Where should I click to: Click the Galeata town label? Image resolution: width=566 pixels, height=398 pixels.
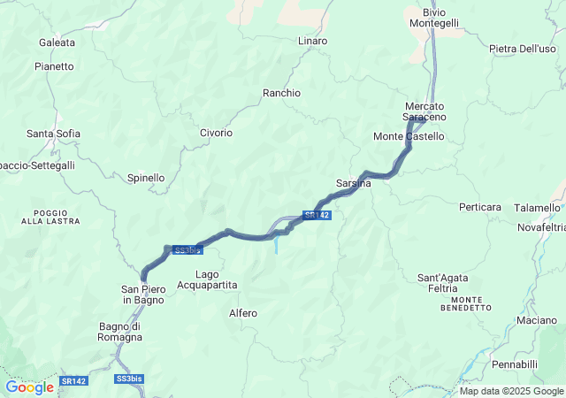pos(57,42)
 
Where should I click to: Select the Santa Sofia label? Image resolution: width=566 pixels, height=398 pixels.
pos(53,134)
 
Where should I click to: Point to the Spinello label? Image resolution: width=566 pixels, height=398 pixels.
pos(146,178)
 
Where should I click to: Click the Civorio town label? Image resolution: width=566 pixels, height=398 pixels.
pos(216,133)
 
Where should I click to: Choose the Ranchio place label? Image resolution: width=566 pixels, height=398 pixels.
pos(281,93)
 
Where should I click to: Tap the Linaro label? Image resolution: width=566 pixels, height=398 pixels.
pos(312,41)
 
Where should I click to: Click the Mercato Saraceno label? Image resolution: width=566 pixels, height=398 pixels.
pos(424,111)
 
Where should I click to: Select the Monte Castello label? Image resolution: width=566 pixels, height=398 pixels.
pos(409,136)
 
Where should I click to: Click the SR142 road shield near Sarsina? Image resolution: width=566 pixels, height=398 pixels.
pos(317,215)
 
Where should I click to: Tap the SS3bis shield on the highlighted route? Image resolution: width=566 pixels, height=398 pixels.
pos(187,250)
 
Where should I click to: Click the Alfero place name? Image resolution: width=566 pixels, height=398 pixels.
pos(242,313)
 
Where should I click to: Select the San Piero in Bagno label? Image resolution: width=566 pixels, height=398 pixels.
pos(142,295)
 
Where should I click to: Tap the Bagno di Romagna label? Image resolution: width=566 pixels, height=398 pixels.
pos(120,332)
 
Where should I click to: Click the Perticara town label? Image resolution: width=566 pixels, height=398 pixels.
pos(480,207)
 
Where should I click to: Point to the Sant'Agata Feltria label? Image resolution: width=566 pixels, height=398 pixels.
pos(442,283)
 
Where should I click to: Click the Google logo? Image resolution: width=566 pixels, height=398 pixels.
pos(29,387)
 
